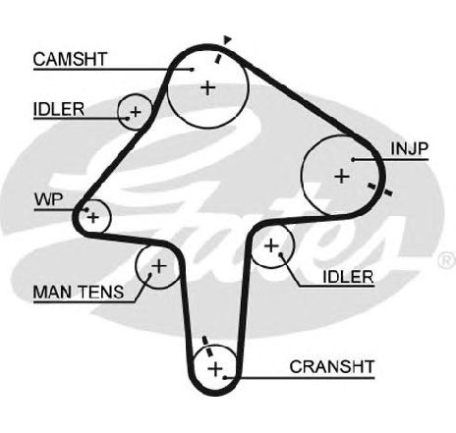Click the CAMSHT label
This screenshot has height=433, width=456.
coord(70,59)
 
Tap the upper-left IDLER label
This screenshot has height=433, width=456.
coord(59,109)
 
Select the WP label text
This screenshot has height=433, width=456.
coord(49,199)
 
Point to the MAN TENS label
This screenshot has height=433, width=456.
coord(79,292)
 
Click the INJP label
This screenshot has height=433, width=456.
coord(410,149)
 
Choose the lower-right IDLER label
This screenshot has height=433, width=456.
coord(348,277)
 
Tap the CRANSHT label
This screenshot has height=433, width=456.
coord(332,367)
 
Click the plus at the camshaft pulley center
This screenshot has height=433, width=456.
coord(207,87)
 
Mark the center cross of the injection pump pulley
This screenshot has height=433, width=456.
coord(342,177)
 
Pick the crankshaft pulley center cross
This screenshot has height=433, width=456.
coord(215,369)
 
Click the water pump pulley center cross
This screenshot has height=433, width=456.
coord(93,217)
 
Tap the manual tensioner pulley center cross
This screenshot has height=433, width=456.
coord(159,266)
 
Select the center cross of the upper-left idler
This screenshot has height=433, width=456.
coord(136,112)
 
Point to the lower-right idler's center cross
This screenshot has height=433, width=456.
coord(271,245)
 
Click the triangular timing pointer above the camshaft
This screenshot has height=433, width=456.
coord(227,39)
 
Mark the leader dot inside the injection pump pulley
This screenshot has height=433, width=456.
coord(354,159)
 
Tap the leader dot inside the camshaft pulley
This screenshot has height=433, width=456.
coord(193,69)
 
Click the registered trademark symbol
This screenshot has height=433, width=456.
coord(447,260)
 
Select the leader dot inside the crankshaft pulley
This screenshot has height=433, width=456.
coord(225,377)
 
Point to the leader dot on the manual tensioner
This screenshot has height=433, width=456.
coord(150,275)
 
